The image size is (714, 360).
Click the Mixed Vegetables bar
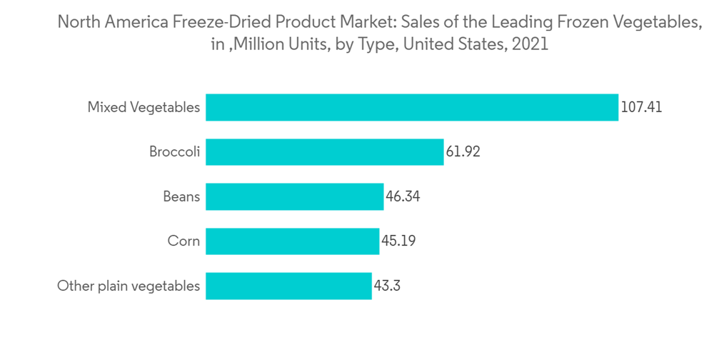(412, 107)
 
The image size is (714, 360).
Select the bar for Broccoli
(325, 152)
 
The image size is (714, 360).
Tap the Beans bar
(294, 196)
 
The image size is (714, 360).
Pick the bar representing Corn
(292, 241)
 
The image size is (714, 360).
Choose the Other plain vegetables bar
(288, 286)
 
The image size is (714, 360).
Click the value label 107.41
(641, 107)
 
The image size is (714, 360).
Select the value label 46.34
(403, 196)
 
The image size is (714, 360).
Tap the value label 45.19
(398, 241)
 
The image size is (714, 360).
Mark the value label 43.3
(388, 286)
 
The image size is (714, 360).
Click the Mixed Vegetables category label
(144, 107)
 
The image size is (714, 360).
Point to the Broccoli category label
(174, 152)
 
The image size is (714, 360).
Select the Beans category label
(181, 196)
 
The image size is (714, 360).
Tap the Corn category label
(183, 241)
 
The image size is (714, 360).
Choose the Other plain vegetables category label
(129, 286)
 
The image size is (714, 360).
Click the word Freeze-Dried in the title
(203, 23)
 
